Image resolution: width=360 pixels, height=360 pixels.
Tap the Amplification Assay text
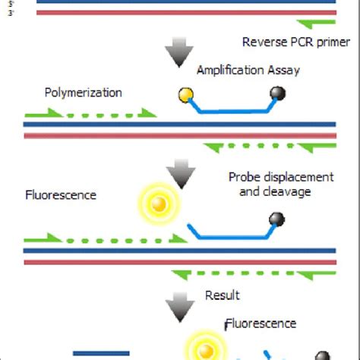click(248, 71)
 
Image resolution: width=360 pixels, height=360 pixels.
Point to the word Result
click(223, 295)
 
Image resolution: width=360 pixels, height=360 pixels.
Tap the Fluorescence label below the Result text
click(264, 324)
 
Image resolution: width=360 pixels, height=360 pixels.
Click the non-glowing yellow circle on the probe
click(185, 94)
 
